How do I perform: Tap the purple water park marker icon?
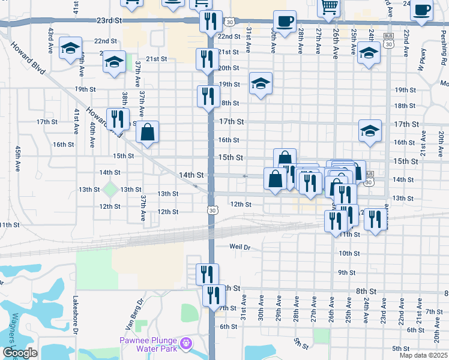(x=187, y=343)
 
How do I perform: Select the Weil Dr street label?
(x=239, y=247)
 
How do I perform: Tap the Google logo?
(x=19, y=353)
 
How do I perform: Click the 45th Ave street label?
(x=19, y=158)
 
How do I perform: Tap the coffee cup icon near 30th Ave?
(x=285, y=22)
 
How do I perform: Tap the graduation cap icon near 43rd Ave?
(x=71, y=47)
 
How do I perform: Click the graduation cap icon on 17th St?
(x=370, y=130)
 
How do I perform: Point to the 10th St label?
(x=349, y=253)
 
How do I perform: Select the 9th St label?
(x=347, y=272)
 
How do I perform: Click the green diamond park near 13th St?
(x=110, y=189)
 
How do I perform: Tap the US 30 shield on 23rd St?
(x=231, y=22)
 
